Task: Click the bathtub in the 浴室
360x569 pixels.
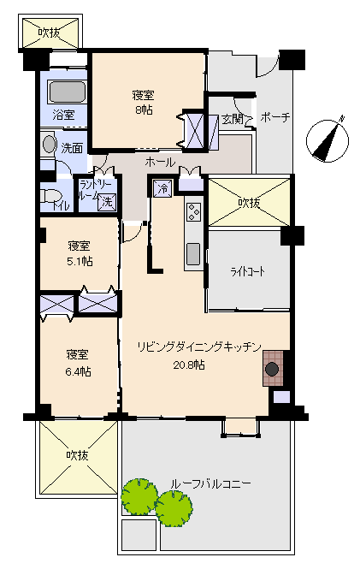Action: coord(68,92)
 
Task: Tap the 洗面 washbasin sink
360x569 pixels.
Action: coord(48,144)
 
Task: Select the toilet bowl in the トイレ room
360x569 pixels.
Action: coord(48,196)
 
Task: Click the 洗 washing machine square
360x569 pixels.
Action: coord(107,202)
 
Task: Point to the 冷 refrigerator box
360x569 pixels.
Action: coord(162,189)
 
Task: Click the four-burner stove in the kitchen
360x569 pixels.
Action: coord(193,212)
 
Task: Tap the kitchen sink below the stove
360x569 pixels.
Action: coord(193,254)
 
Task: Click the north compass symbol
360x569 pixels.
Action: coord(328,140)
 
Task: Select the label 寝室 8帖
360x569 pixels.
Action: coord(143,103)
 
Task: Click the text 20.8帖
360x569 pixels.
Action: coord(188,365)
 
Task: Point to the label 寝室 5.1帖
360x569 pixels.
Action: coord(80,253)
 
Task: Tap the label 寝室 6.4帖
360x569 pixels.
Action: coord(78,363)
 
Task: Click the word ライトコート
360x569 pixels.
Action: coord(248,272)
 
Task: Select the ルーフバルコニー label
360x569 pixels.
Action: coord(210,483)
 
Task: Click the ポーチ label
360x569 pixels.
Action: coord(274,117)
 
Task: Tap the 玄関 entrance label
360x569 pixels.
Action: coord(233,119)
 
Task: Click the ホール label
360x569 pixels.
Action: coord(160,163)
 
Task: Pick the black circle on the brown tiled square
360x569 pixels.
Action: coord(272,369)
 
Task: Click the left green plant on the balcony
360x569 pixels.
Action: coord(139,496)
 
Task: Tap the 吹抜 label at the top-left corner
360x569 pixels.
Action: coord(50,33)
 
